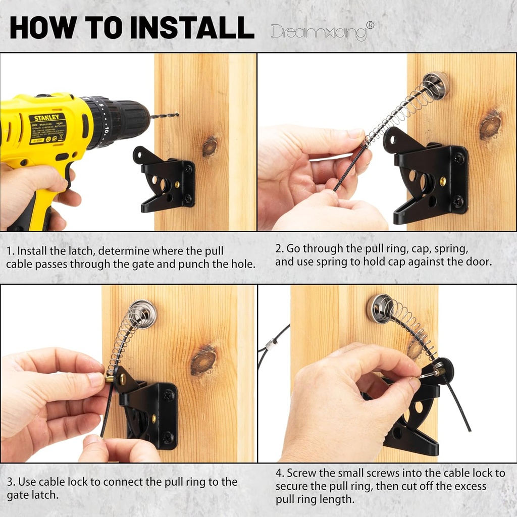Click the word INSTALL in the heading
tap(192, 28)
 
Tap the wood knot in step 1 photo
tap(210, 146)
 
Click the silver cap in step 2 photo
tap(435, 85)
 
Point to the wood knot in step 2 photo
tap(490, 126)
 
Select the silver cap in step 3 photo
tap(143, 314)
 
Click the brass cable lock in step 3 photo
tap(110, 377)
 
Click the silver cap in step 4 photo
tap(380, 308)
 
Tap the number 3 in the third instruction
tap(10, 482)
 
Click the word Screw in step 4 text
tap(300, 473)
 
